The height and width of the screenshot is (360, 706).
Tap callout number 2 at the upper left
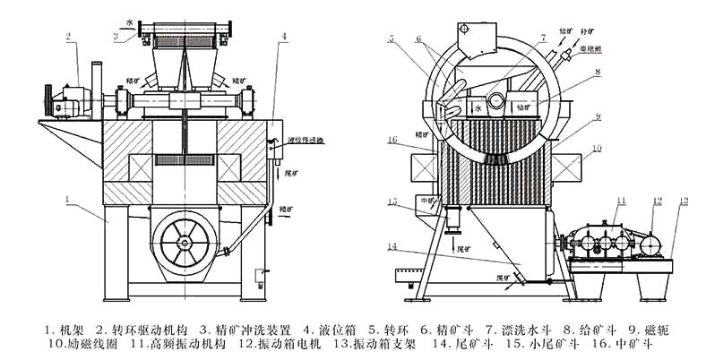pyautogui.click(x=68, y=37)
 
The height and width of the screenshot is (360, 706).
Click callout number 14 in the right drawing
pyautogui.click(x=392, y=244)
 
